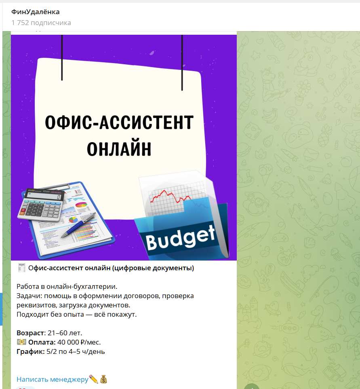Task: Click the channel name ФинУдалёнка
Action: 35,12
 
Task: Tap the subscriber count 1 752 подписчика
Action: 41,23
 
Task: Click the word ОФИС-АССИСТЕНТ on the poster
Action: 119,122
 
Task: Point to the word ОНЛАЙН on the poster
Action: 119,148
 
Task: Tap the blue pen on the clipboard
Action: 79,225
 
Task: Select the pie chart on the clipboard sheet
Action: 81,205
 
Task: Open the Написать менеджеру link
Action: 52,379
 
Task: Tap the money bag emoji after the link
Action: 103,379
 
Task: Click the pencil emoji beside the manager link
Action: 94,379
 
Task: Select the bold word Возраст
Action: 30,333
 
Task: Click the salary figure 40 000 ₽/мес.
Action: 79,342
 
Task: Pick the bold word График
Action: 30,351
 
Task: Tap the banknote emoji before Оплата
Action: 21,342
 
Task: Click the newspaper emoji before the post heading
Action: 21,268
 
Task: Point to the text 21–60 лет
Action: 64,333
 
